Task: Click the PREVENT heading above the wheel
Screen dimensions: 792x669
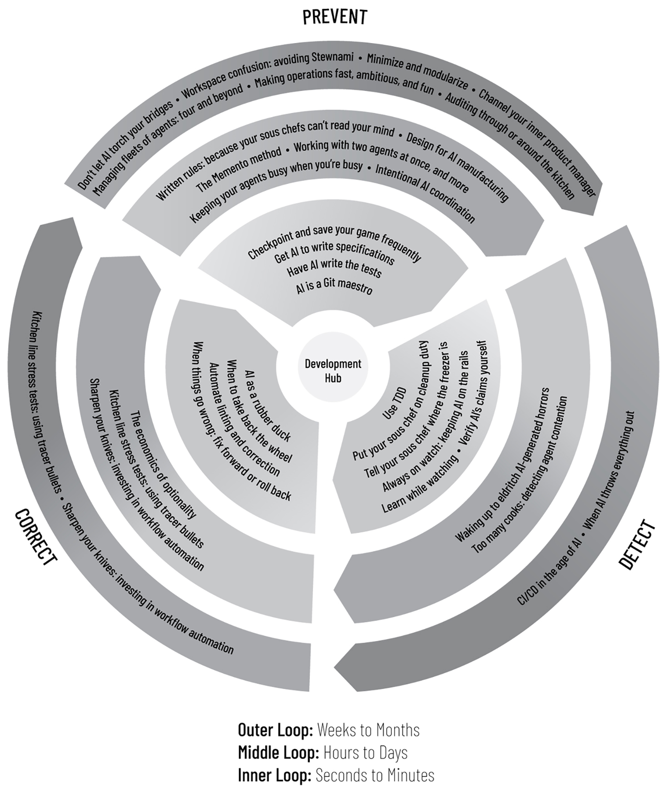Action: (334, 17)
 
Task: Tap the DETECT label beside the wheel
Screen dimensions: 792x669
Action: (637, 544)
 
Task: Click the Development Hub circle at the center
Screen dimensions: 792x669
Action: (333, 370)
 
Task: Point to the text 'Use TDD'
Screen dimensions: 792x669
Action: (394, 403)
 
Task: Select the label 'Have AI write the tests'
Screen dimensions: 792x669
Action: (334, 268)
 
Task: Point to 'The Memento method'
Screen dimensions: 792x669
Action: (238, 170)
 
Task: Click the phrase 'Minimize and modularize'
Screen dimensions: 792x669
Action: (418, 70)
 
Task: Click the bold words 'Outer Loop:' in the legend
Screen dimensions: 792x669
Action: (275, 730)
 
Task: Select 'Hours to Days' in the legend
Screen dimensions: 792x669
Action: (365, 752)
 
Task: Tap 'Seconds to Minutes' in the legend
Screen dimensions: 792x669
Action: (375, 775)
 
